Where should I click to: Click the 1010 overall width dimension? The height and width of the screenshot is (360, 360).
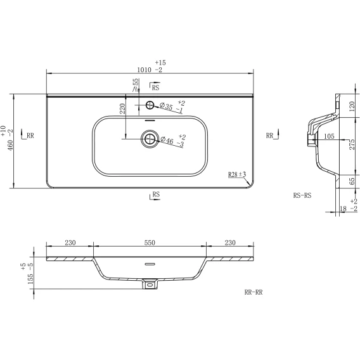144,70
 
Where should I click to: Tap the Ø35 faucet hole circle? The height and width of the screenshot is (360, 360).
150,105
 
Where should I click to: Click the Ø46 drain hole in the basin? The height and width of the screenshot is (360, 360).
150,139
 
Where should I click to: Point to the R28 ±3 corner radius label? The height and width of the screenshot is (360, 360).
237,174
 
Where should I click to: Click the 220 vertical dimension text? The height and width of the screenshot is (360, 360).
122,108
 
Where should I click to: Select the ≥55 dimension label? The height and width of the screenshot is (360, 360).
136,85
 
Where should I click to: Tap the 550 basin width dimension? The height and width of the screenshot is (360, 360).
150,243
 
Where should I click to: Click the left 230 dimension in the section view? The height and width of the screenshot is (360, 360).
70,243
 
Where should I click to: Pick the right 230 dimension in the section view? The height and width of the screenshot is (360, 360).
230,243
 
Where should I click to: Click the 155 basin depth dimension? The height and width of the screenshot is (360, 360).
30,279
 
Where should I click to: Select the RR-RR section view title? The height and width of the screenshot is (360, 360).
254,292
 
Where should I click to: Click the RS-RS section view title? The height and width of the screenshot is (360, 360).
302,195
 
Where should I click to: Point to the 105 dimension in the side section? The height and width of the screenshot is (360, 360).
329,136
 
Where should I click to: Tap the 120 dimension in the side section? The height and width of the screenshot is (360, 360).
352,106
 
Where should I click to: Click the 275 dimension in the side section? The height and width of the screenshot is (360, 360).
352,145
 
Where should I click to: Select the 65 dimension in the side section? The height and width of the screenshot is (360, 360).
352,181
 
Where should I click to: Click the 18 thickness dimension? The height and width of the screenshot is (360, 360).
343,209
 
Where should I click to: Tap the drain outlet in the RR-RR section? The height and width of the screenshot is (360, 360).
150,284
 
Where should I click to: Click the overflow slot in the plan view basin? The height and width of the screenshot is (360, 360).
150,120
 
